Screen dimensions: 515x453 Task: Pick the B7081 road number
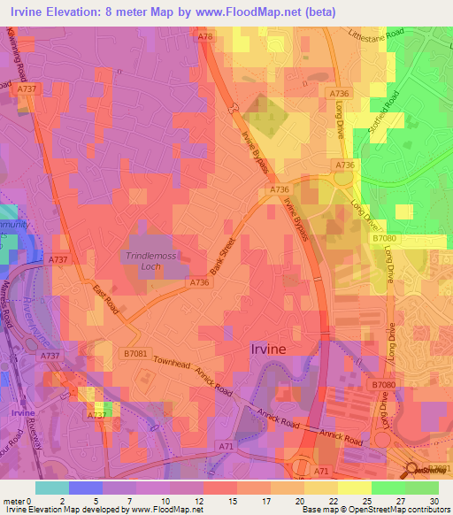click(x=135, y=353)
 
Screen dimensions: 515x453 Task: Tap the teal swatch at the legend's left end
click(x=50, y=488)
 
